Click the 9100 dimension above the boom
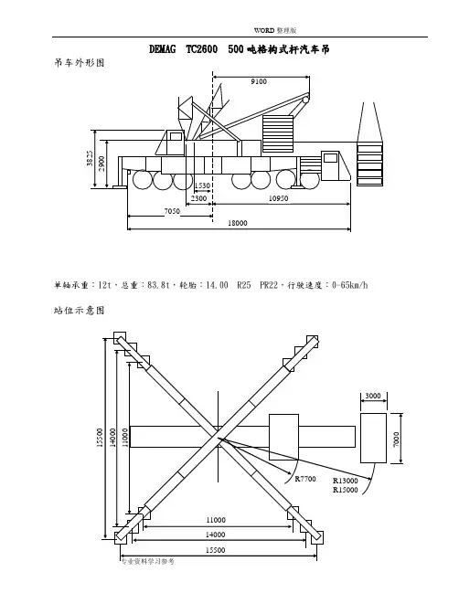pyautogui.click(x=259, y=81)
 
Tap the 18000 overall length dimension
pyautogui.click(x=237, y=223)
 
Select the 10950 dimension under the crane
pyautogui.click(x=278, y=198)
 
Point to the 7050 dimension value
pyautogui.click(x=172, y=211)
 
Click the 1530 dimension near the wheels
pyautogui.click(x=202, y=185)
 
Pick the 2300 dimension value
pyautogui.click(x=198, y=198)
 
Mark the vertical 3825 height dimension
pyautogui.click(x=90, y=158)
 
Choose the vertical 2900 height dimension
pyautogui.click(x=101, y=164)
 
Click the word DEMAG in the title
pyautogui.click(x=163, y=49)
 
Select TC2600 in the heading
pyautogui.click(x=202, y=49)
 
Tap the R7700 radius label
pyautogui.click(x=305, y=479)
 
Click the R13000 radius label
pyautogui.click(x=345, y=481)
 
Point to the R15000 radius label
pyautogui.click(x=345, y=490)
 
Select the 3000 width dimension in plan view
pyautogui.click(x=373, y=396)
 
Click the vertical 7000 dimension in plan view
pyautogui.click(x=396, y=439)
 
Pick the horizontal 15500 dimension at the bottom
pyautogui.click(x=215, y=550)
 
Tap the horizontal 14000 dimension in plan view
pyautogui.click(x=215, y=535)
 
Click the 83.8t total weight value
pyautogui.click(x=158, y=285)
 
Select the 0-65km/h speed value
pyautogui.click(x=349, y=285)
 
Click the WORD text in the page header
pyautogui.click(x=263, y=30)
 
